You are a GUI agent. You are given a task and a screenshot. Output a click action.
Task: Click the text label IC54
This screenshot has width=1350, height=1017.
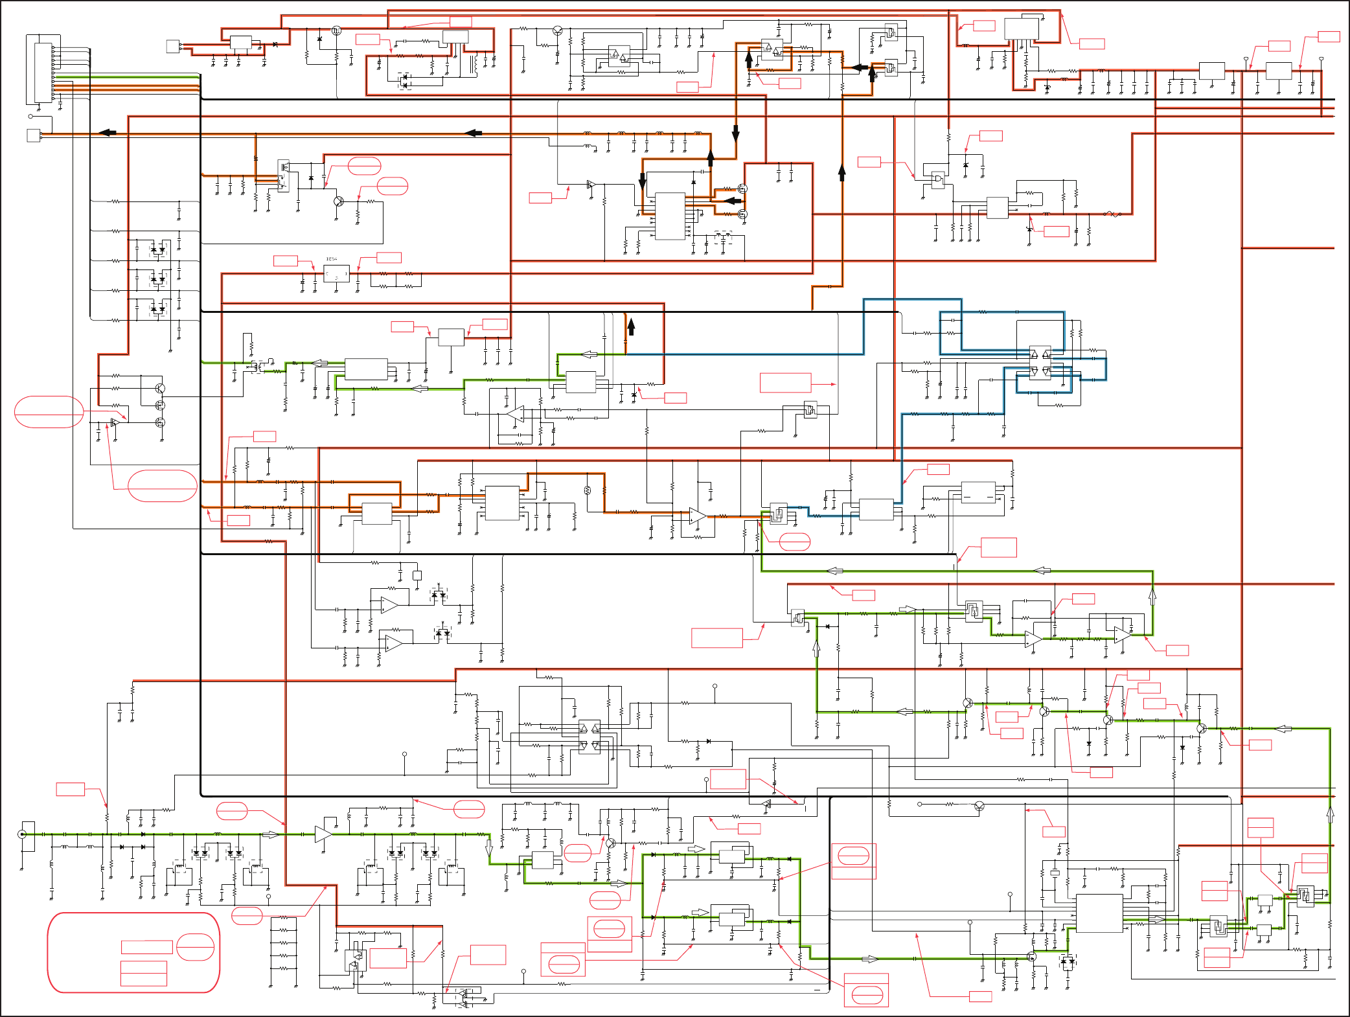(x=331, y=259)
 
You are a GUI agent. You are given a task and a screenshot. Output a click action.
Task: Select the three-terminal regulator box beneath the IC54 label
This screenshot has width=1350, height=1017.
(x=336, y=273)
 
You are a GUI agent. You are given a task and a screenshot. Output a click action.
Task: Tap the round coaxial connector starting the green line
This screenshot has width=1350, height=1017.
(x=22, y=834)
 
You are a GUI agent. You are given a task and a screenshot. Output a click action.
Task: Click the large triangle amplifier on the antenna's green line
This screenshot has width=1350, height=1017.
(x=323, y=834)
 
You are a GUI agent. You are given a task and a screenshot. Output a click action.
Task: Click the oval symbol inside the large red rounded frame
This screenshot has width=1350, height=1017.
(x=195, y=947)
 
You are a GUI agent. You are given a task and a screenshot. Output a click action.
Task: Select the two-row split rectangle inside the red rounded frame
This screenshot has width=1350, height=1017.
(x=144, y=973)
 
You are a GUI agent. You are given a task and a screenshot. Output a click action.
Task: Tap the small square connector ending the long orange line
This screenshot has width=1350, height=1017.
(x=34, y=135)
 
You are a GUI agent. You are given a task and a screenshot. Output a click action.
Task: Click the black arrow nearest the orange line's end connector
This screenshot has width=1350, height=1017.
(x=108, y=133)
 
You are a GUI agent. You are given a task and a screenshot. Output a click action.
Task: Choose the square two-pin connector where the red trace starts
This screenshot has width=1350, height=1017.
(x=173, y=47)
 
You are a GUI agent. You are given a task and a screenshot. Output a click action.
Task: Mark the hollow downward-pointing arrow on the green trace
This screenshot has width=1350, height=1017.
(x=489, y=847)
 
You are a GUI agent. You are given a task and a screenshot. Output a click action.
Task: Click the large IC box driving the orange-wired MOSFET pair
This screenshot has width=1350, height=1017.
(x=670, y=216)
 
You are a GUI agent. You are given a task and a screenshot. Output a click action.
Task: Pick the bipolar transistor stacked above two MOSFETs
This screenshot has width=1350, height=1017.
(x=160, y=388)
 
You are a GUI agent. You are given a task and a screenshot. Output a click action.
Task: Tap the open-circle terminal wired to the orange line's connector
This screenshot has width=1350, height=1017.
(x=30, y=117)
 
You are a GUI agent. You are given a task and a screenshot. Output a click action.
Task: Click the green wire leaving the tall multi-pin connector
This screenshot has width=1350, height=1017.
(x=130, y=77)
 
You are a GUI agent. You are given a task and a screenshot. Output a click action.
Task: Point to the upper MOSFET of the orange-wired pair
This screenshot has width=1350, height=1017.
(x=742, y=189)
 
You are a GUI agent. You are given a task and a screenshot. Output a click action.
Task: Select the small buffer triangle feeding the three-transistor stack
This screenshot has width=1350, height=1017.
(x=115, y=423)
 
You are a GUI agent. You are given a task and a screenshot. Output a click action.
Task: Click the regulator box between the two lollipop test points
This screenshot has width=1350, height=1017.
(x=1278, y=71)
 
